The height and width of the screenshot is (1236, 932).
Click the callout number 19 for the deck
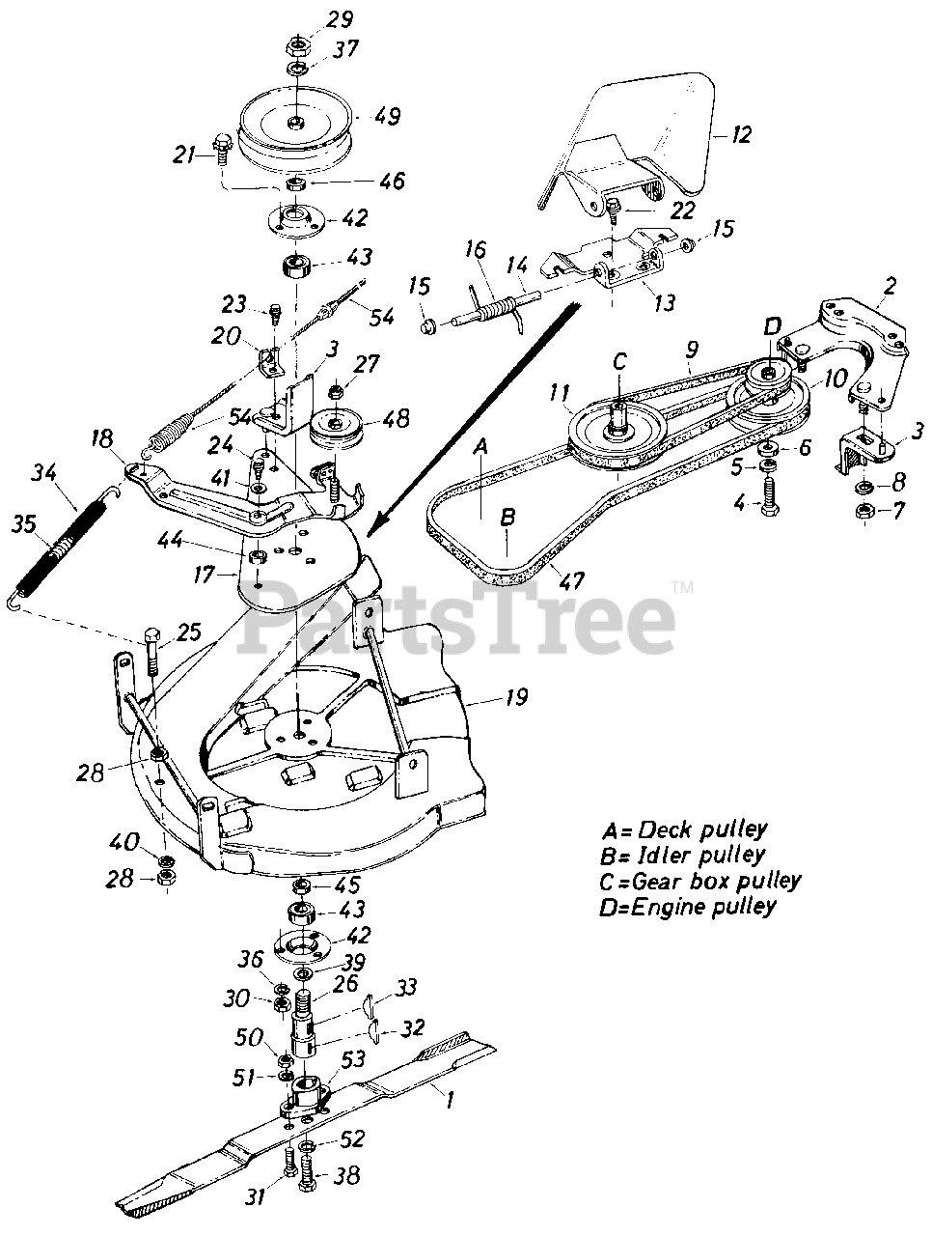pyautogui.click(x=517, y=695)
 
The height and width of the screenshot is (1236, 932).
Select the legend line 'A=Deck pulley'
pyautogui.click(x=684, y=829)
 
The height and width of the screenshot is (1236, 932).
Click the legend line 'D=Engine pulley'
pyautogui.click(x=688, y=906)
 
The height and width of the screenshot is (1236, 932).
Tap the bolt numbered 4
pyautogui.click(x=769, y=495)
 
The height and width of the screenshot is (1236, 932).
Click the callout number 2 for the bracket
pyautogui.click(x=890, y=287)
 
